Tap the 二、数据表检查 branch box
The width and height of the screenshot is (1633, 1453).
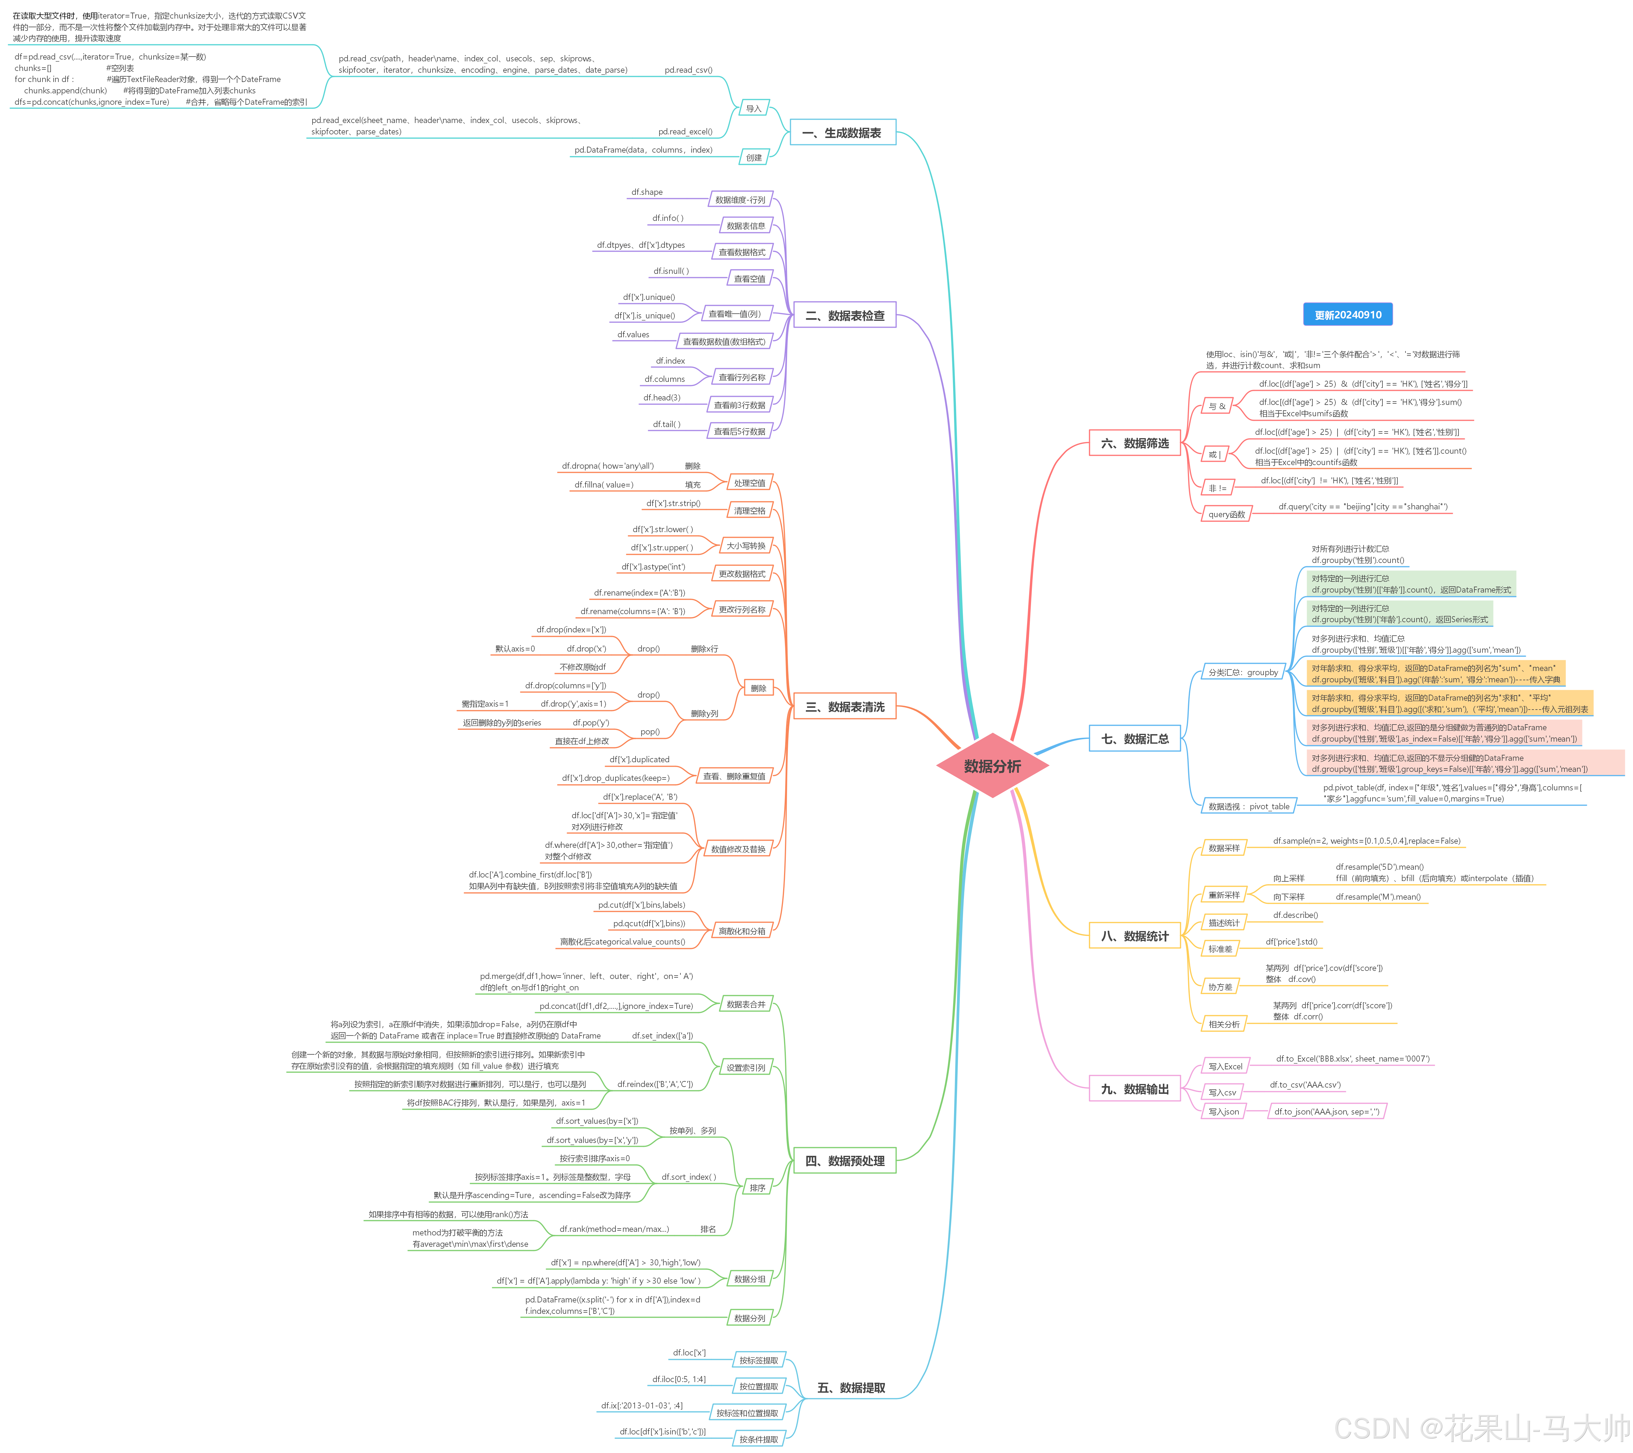coord(844,315)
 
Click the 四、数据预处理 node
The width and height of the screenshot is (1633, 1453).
coord(844,1161)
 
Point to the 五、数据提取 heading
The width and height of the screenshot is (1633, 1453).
coord(851,1387)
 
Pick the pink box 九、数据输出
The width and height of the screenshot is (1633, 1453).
coord(1135,1089)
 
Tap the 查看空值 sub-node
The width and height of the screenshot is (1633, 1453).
coord(749,279)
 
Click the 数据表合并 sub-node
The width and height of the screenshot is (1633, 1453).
coord(745,1004)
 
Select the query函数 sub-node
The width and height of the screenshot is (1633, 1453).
coord(1226,514)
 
